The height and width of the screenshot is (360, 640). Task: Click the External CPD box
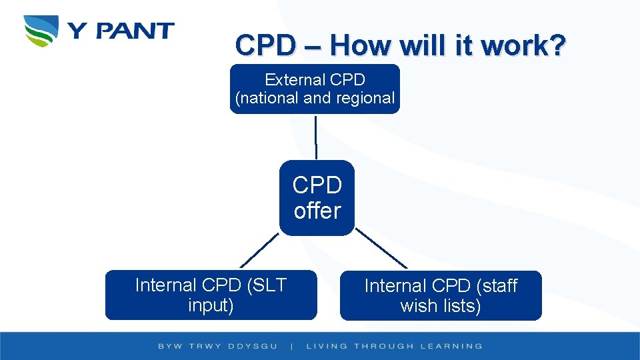click(x=315, y=89)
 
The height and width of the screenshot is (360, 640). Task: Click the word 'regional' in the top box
click(x=367, y=98)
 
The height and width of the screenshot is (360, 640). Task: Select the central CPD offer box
click(x=317, y=197)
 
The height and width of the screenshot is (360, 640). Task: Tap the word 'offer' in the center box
click(x=317, y=211)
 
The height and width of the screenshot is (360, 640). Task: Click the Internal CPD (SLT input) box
click(x=211, y=295)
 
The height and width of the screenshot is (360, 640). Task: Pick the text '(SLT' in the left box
click(x=266, y=285)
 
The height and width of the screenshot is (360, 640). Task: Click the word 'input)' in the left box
click(x=211, y=305)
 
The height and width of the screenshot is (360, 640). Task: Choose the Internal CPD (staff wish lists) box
click(x=441, y=295)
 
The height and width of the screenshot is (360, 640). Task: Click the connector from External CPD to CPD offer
click(x=316, y=137)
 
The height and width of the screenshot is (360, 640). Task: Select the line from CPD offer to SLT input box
click(x=259, y=250)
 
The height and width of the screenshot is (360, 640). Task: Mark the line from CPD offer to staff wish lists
click(x=381, y=249)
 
